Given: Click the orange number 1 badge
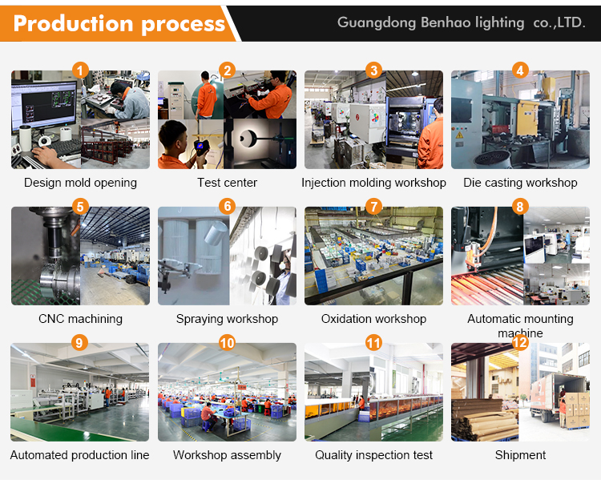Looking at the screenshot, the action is coord(80,71).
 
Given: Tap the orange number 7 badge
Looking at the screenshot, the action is coord(373,207).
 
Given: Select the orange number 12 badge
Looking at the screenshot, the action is coord(520,342).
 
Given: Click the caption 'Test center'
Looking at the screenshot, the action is coord(227,183).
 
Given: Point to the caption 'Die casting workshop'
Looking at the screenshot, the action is coord(520,183).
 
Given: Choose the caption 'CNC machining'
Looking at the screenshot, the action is coord(80,319).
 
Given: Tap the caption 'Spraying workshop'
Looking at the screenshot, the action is coord(227,319).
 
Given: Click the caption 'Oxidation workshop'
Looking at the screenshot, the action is coord(373,319).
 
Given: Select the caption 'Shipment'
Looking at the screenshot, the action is coord(520,455).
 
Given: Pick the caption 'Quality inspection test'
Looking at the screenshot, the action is coord(373,455).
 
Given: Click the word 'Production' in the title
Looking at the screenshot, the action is coord(73,23).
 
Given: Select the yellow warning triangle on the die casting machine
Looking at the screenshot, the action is coord(459,135).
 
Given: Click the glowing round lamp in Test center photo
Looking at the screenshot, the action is coord(248,139).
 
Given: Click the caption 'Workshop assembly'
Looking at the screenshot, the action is coord(227,455).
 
